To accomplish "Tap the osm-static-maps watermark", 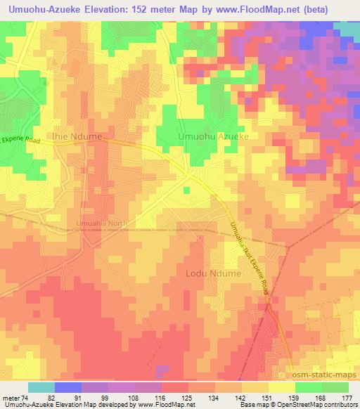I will (x=321, y=376).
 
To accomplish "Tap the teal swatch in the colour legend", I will (x=41, y=387).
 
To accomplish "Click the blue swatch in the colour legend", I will (x=67, y=387).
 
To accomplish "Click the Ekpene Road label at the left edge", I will (x=20, y=141).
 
